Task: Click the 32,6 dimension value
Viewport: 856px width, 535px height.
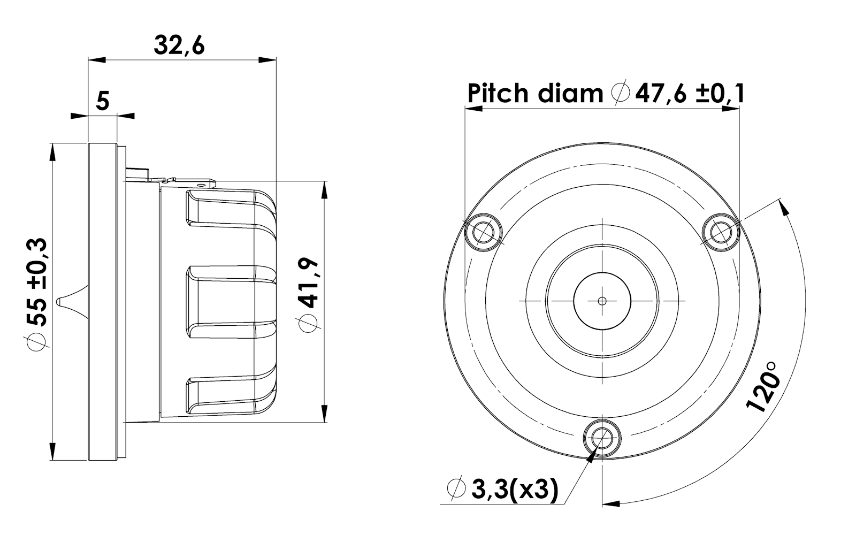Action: point(179,45)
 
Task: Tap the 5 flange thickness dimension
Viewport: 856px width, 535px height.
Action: point(102,101)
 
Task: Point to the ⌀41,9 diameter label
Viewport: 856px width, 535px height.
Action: point(308,295)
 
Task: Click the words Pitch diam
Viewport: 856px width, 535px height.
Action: point(535,93)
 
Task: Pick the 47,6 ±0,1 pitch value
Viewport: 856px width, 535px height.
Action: point(690,93)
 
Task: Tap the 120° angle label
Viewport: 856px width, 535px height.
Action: point(762,387)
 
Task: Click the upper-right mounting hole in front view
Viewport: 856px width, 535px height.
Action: point(722,232)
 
